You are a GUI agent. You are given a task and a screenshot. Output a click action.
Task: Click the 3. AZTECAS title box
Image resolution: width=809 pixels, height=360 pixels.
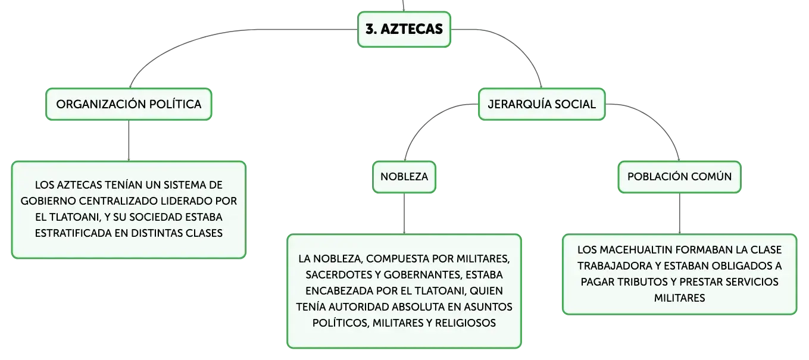tap(404, 29)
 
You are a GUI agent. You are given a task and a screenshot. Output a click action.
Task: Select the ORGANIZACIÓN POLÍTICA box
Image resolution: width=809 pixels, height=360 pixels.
tap(129, 104)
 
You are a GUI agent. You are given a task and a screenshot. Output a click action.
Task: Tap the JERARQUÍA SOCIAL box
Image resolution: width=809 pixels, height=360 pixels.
tap(542, 104)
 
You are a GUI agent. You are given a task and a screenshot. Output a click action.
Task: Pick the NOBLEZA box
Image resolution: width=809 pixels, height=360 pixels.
tap(404, 177)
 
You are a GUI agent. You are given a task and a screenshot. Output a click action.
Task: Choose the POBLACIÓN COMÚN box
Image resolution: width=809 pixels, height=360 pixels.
tap(679, 177)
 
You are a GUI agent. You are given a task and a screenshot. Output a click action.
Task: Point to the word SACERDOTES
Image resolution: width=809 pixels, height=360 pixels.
tap(339, 275)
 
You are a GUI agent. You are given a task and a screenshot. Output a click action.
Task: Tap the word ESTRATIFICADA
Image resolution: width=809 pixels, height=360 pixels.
tap(73, 233)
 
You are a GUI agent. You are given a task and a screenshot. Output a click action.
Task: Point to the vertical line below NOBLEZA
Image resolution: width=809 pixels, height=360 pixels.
tap(404, 214)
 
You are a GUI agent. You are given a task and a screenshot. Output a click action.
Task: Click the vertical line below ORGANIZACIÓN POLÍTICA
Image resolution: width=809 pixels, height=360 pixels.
tap(129, 140)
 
